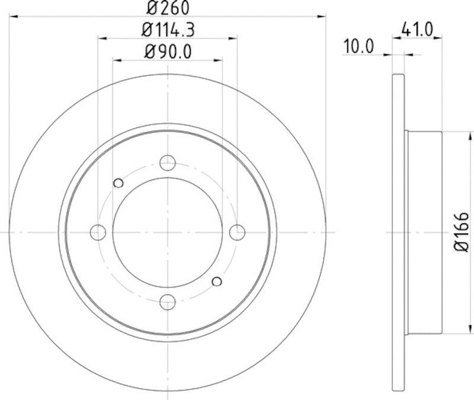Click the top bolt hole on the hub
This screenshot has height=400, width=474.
coord(168,163)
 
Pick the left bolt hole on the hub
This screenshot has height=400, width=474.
coord(98,232)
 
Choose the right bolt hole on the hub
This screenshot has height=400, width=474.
coord(238,232)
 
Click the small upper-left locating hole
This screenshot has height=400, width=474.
coord(118,183)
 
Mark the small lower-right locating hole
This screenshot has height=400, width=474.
coord(217,281)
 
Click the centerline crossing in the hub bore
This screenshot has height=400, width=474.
coord(168,232)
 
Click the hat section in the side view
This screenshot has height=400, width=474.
coord(424,232)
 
